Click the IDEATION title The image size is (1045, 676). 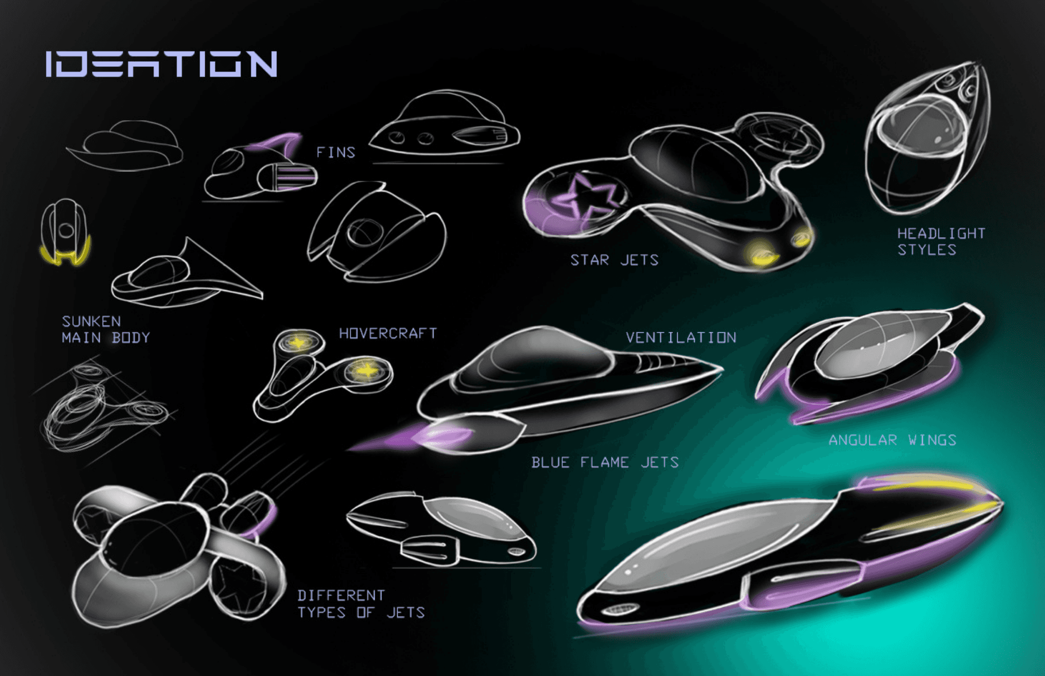pos(161,64)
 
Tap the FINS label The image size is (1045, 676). pos(336,152)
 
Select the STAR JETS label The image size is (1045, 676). pos(614,260)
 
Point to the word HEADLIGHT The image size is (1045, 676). pos(942,233)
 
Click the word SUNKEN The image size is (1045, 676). pos(91,321)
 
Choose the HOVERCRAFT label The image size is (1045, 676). pos(388,333)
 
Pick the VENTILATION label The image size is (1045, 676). pos(681,337)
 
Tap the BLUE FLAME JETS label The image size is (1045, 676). pos(605,462)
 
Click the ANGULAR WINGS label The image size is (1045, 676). pos(892,440)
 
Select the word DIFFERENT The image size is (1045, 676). pos(341,596)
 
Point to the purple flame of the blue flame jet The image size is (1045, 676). pos(413,437)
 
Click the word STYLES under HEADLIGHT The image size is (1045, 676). pos(927,250)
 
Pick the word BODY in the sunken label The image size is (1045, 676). pos(131,337)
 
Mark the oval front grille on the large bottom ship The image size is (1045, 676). pos(619,609)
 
